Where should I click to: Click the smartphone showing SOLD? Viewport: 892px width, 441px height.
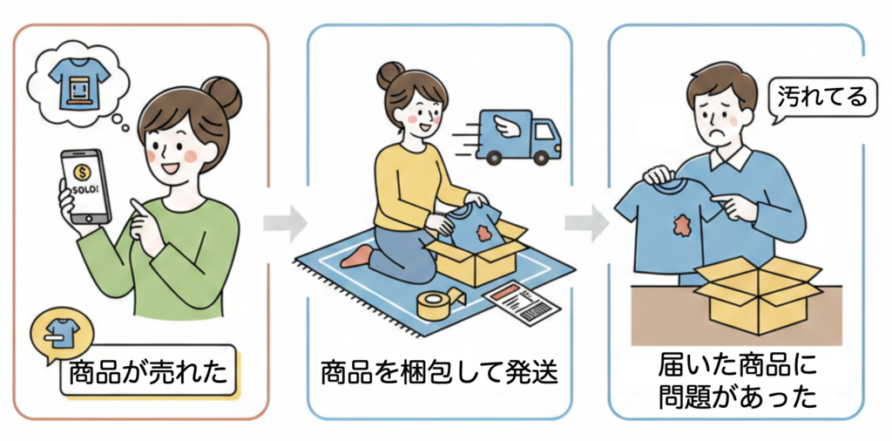86,186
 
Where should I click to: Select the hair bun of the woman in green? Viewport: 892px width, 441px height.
222,98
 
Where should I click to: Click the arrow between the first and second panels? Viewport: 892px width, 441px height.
285,223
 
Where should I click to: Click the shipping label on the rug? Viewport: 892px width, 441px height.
522,304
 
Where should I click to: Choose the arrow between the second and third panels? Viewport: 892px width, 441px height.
586,223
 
